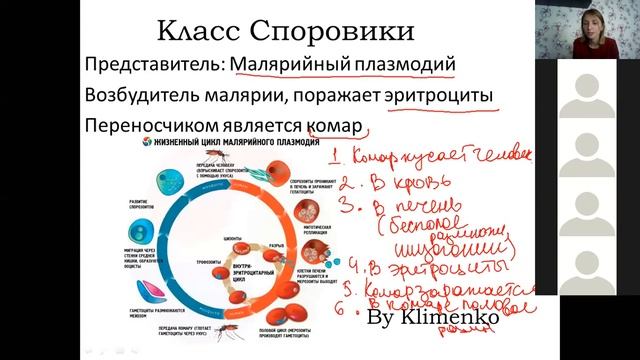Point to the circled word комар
pyautogui.click(x=334, y=131)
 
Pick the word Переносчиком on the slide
pyautogui.click(x=142, y=131)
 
